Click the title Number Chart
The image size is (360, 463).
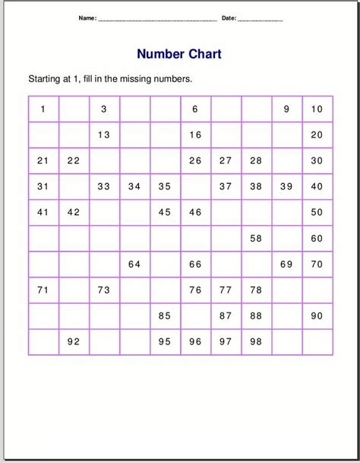(179, 54)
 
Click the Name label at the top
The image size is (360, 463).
(87, 17)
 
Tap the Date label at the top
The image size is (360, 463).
(229, 17)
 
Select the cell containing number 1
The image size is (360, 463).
(43, 109)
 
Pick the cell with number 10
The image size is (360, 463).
(317, 109)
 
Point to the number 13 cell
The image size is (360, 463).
(104, 135)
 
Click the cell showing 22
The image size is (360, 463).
(74, 160)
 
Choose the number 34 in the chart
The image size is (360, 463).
(134, 186)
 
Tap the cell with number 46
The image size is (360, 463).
(195, 212)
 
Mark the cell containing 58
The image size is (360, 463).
(256, 238)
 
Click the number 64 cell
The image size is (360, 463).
(134, 264)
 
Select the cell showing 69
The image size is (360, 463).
(286, 264)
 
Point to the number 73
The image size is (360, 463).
(104, 290)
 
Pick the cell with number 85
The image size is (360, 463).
(165, 316)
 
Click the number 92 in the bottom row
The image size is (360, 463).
(74, 341)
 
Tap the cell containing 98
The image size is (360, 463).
(256, 341)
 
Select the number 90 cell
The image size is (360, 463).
(317, 316)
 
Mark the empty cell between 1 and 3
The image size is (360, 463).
(74, 109)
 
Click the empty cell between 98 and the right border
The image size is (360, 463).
(286, 341)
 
